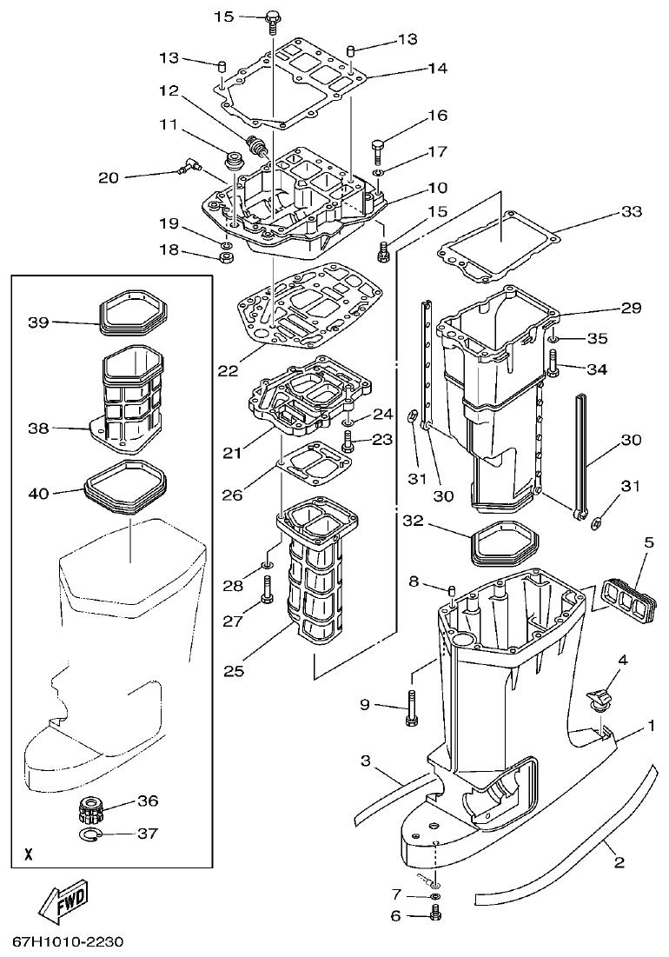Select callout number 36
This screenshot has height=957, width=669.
coord(148,801)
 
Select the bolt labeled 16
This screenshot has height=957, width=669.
coord(379,150)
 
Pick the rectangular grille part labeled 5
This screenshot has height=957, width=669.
coord(619,596)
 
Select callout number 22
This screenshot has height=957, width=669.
coord(228,370)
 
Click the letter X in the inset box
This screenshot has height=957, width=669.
coord(30,854)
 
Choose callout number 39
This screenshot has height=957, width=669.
coord(37,322)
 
